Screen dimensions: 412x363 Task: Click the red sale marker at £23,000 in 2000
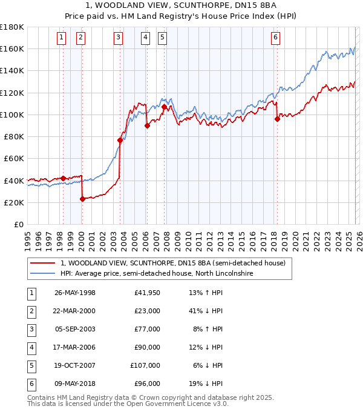[82, 199]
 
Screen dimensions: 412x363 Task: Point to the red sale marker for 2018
[277, 119]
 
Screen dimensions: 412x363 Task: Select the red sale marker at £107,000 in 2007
[164, 107]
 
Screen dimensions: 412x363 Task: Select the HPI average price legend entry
[156, 274]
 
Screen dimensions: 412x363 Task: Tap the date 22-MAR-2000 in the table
[74, 311]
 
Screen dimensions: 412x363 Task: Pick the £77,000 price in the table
[147, 329]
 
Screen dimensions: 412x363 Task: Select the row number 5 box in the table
[30, 365]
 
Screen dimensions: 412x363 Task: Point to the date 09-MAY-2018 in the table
[74, 384]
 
